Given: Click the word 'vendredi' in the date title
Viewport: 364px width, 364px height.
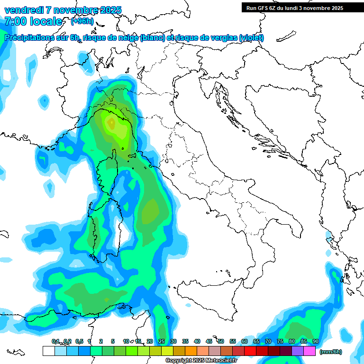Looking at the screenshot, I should (x=24, y=10).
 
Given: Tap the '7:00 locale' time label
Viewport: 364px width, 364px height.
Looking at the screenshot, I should (x=33, y=21).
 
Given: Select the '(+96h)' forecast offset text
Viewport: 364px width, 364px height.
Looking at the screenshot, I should (x=82, y=21).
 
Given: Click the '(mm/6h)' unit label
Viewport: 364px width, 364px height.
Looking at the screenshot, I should (x=330, y=351).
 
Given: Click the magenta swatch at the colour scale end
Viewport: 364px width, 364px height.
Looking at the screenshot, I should (x=309, y=351).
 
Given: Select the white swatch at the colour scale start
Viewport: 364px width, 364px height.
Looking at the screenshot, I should (x=48, y=351).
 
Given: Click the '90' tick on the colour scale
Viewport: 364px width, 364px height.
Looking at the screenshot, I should (x=316, y=341).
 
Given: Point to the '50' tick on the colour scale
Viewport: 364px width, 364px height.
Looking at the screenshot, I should (x=221, y=341).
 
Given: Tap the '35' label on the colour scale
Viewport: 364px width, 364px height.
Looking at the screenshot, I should (x=185, y=341).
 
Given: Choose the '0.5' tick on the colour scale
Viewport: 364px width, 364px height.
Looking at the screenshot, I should (x=79, y=341).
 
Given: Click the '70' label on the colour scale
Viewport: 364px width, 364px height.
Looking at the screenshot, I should (x=268, y=341).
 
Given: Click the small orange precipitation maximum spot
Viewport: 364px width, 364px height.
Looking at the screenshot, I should (x=111, y=124).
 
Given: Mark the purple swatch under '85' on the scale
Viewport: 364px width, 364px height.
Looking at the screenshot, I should (x=298, y=351).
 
